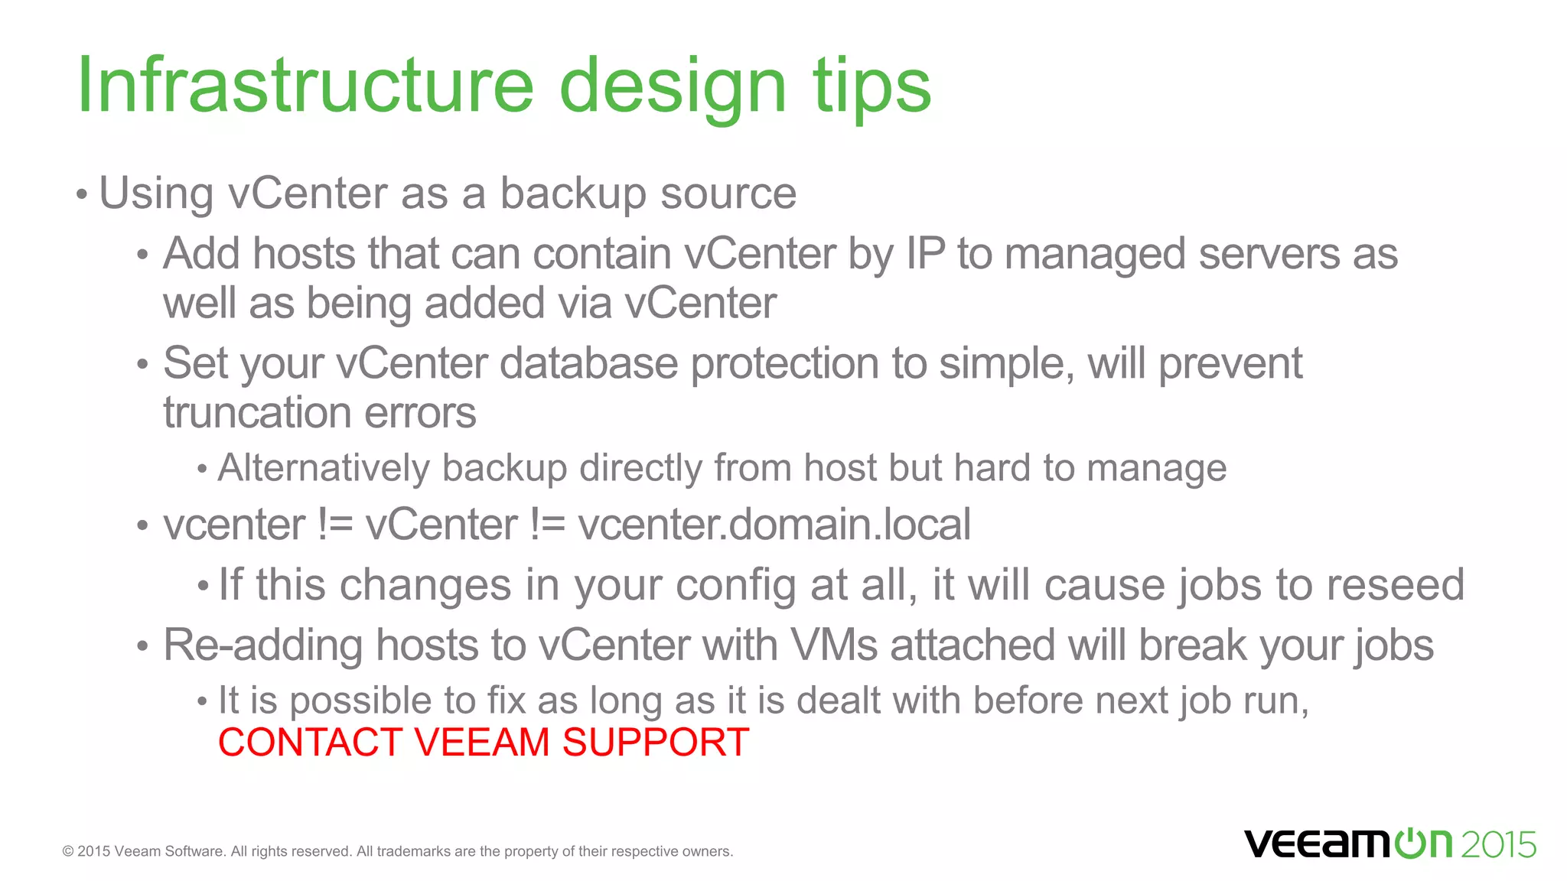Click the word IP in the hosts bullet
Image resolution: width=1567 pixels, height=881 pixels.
click(x=925, y=254)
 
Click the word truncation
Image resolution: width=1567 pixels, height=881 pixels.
click(x=257, y=413)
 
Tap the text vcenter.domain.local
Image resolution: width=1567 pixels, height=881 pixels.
click(x=774, y=525)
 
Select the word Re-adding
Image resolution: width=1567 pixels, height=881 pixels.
click(x=262, y=645)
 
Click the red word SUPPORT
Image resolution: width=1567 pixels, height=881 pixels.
click(x=656, y=743)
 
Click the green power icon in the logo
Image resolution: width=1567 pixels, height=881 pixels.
click(x=1409, y=844)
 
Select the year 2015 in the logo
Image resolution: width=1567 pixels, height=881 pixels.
click(x=1498, y=845)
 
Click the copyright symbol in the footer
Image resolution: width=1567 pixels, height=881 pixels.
click(x=68, y=852)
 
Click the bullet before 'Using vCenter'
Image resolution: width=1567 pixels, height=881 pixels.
click(x=82, y=194)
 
